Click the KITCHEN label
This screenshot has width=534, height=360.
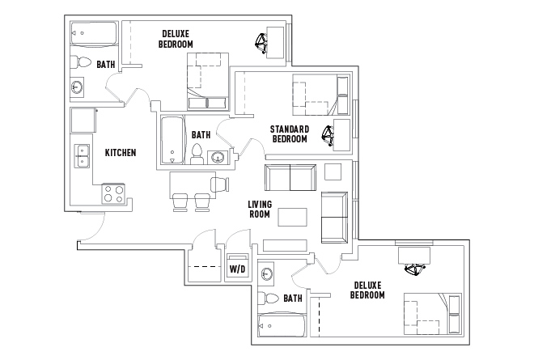[x=120, y=152]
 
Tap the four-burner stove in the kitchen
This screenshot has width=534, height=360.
[x=112, y=193]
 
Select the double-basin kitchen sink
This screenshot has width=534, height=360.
[x=82, y=155]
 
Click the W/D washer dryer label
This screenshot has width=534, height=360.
[x=238, y=269]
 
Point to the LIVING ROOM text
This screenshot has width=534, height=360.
[x=259, y=209]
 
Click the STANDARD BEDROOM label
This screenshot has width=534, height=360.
[x=290, y=133]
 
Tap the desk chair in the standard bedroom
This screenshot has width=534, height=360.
[x=328, y=135]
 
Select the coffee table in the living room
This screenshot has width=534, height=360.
[x=293, y=217]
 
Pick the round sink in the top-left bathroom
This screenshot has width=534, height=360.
[x=78, y=87]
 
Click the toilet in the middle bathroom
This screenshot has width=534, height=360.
[x=197, y=153]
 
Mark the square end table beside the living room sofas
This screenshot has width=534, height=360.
[x=333, y=172]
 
